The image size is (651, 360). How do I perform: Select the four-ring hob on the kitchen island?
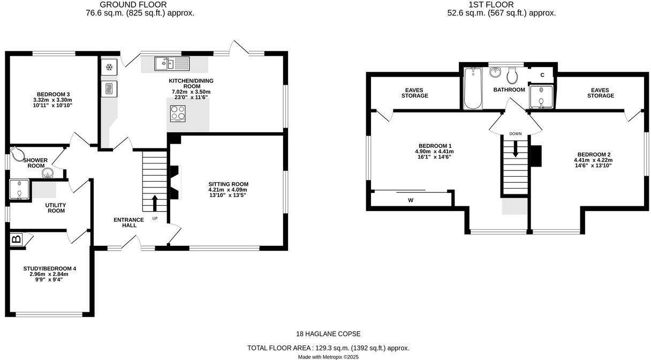(x=178, y=113)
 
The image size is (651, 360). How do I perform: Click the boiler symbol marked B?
(x=15, y=239)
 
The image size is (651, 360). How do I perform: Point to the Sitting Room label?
(x=228, y=184)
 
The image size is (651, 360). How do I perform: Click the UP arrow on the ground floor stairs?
(x=155, y=203)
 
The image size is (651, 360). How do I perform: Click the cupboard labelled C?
(x=542, y=74)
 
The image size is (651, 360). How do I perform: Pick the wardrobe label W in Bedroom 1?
(x=411, y=200)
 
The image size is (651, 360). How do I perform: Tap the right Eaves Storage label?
(x=600, y=93)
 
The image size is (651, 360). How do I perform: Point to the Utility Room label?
(x=56, y=207)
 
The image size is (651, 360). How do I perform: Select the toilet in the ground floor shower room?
(x=19, y=155)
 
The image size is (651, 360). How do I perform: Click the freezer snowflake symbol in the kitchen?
(x=109, y=67)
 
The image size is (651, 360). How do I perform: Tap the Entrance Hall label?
(x=128, y=222)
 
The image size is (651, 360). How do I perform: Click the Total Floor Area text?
(x=328, y=348)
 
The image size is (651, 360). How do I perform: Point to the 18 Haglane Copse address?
(x=328, y=334)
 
